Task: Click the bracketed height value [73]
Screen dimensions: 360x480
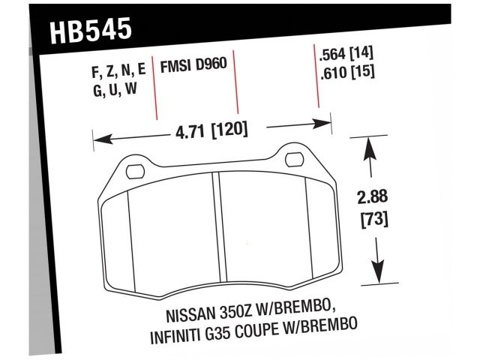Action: [373, 222]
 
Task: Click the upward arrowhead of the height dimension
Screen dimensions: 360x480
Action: [368, 145]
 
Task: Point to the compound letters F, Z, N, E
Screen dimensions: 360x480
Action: [118, 72]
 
